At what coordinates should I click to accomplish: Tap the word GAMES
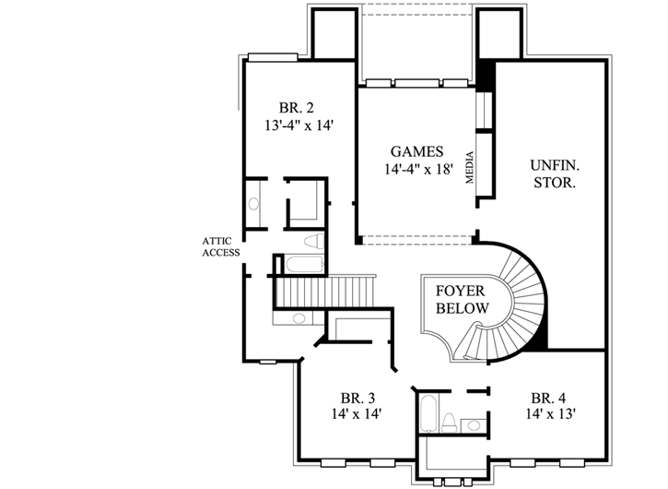tap(416, 151)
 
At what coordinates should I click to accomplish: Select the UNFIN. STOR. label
tap(553, 173)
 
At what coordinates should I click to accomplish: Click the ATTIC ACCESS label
tap(221, 246)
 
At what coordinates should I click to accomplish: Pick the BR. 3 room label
tap(357, 398)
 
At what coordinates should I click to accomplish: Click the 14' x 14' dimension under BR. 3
tap(357, 414)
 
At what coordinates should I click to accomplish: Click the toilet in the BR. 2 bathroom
tap(311, 242)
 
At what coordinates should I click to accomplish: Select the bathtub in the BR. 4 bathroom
tap(428, 412)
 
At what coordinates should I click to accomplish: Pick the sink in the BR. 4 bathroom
tap(473, 425)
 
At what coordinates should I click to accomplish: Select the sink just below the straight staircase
tap(299, 319)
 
